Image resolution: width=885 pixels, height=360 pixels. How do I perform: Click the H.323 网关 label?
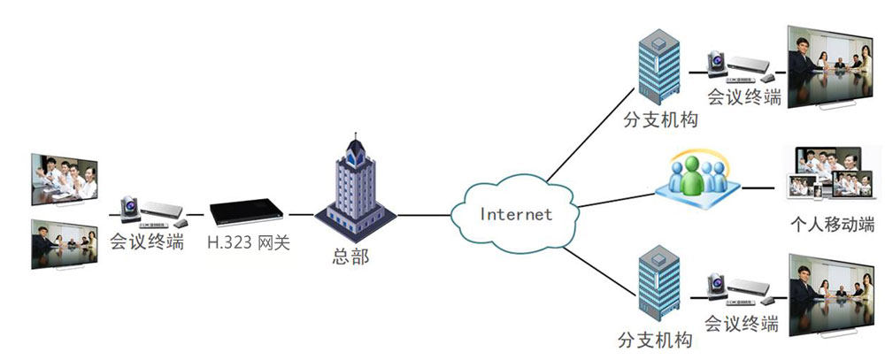249,241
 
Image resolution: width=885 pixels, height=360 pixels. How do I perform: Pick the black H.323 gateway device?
249,213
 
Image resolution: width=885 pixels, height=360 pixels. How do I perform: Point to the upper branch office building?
658,67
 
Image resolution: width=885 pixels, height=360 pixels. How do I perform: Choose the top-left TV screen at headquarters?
65,179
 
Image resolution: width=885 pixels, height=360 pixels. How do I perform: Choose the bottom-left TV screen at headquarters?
65,242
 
